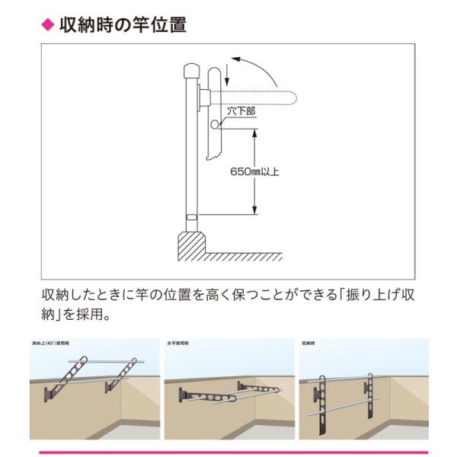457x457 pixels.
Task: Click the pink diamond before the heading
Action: (46, 25)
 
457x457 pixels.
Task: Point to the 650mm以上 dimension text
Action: (254, 171)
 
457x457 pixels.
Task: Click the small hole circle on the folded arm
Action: (216, 125)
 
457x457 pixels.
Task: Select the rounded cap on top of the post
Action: (190, 72)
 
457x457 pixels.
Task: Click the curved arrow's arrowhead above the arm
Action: (237, 59)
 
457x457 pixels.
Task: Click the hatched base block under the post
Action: (193, 245)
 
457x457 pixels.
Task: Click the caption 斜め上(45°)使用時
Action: (54, 344)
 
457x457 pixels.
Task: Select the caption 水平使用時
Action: (181, 344)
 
